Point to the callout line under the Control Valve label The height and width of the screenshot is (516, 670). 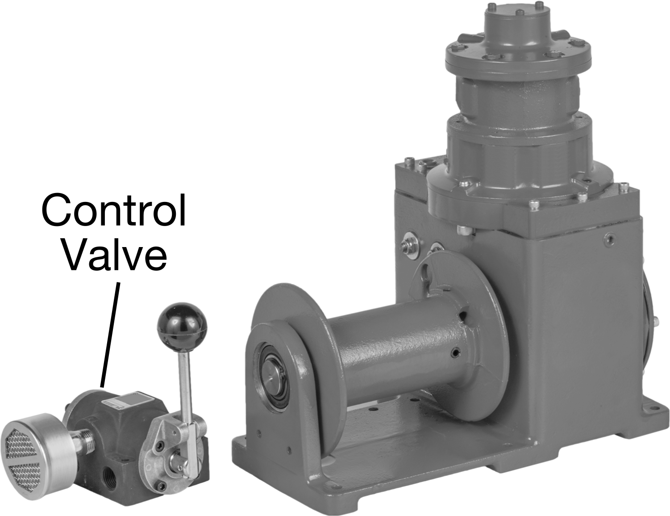coord(110,334)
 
